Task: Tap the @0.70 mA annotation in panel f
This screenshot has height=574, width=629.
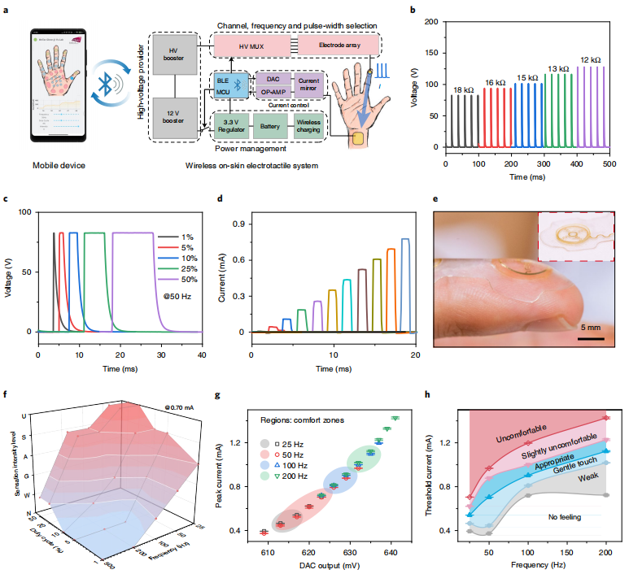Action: coord(180,407)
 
